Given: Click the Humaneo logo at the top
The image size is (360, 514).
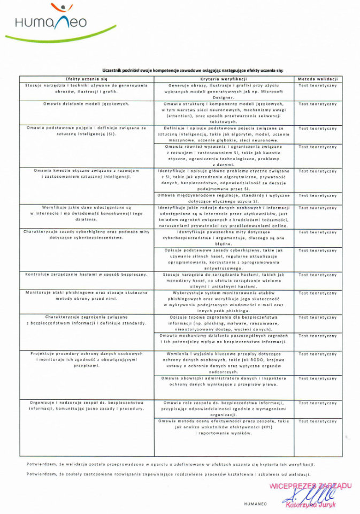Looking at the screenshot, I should point(51,21).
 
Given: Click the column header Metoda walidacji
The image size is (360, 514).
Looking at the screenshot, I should point(317,79).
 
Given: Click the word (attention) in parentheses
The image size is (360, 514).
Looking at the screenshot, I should point(182,116).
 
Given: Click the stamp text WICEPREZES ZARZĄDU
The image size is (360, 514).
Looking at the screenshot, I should point(310,486).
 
